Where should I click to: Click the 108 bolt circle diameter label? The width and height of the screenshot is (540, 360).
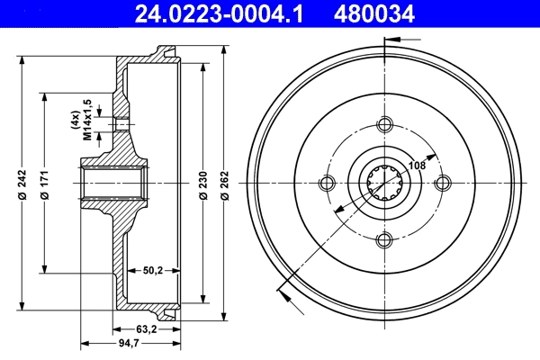point(417,165)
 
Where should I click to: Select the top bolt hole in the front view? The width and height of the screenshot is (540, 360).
point(385,125)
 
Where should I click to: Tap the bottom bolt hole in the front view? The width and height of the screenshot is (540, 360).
point(385,239)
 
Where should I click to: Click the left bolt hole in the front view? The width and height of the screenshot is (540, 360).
point(328,183)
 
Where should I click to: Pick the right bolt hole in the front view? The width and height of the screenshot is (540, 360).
point(442,183)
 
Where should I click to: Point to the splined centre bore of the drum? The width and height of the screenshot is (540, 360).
point(385,183)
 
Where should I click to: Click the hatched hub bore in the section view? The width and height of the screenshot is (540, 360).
point(113,183)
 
